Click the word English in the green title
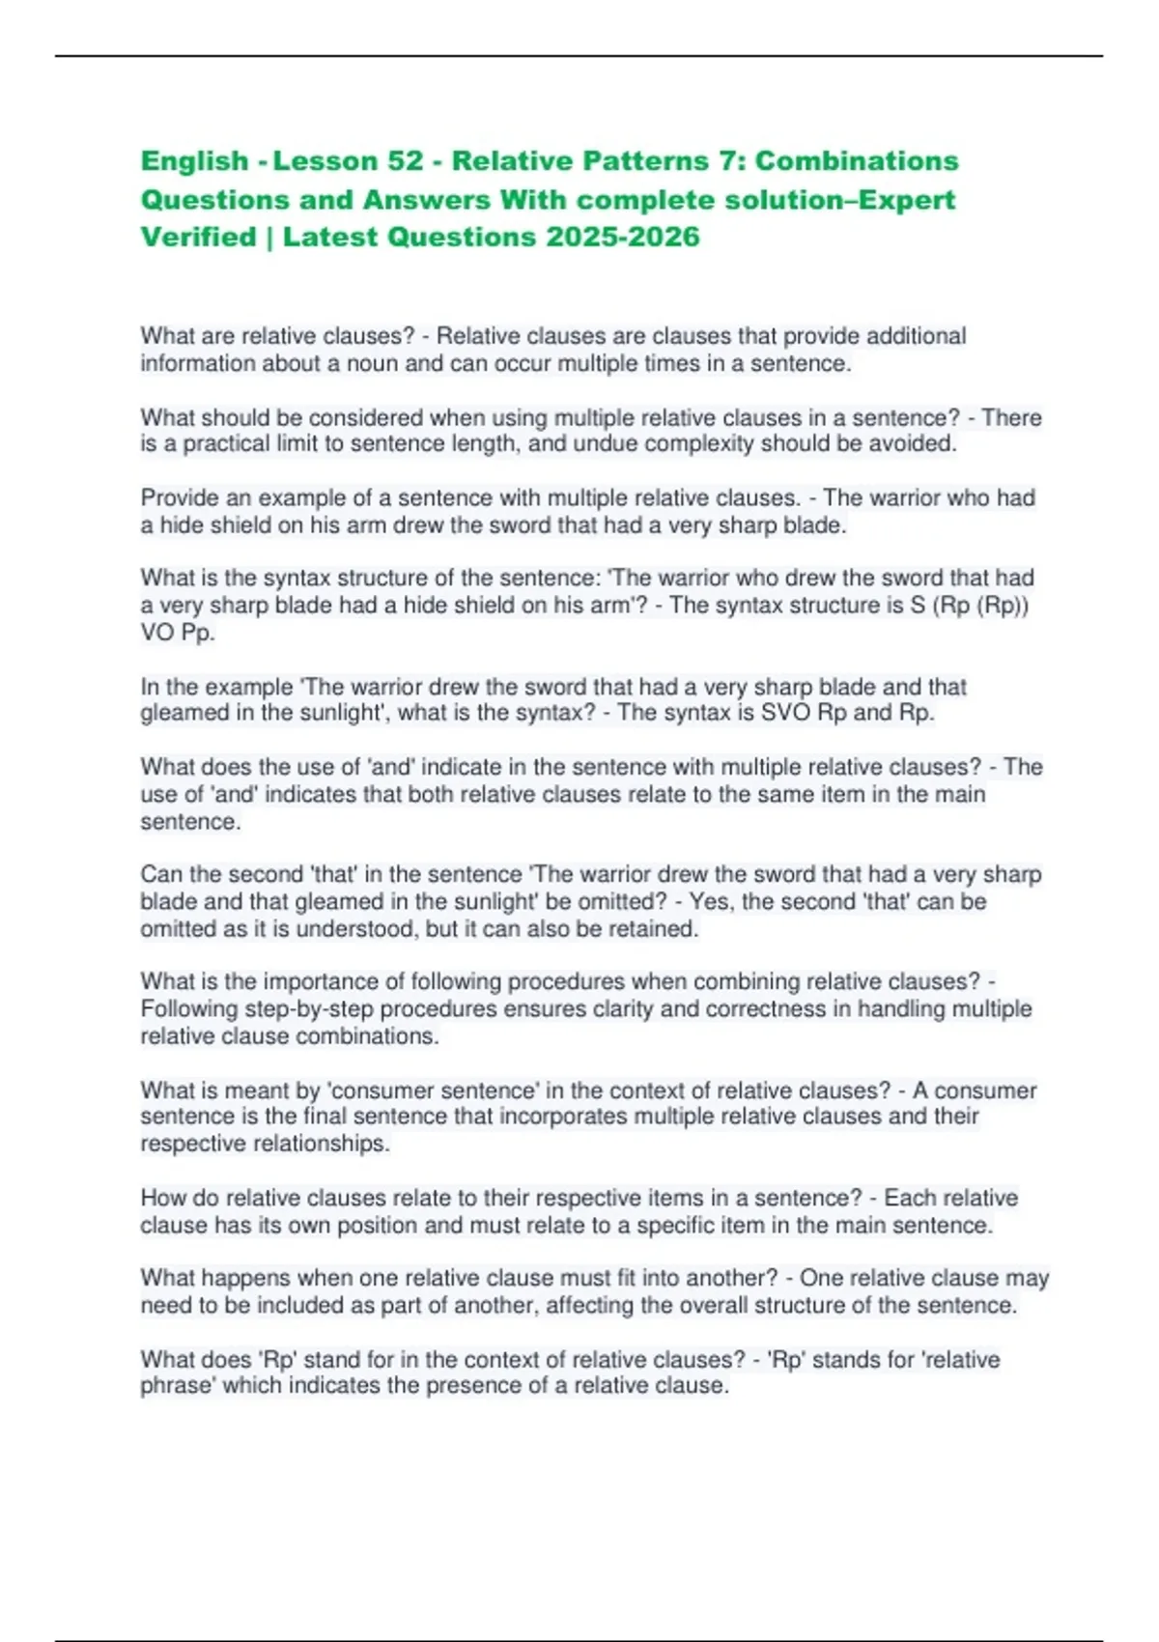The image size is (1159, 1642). (195, 160)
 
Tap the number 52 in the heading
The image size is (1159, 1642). (405, 160)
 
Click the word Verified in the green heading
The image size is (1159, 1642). (198, 237)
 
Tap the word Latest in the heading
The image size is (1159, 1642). (327, 237)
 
